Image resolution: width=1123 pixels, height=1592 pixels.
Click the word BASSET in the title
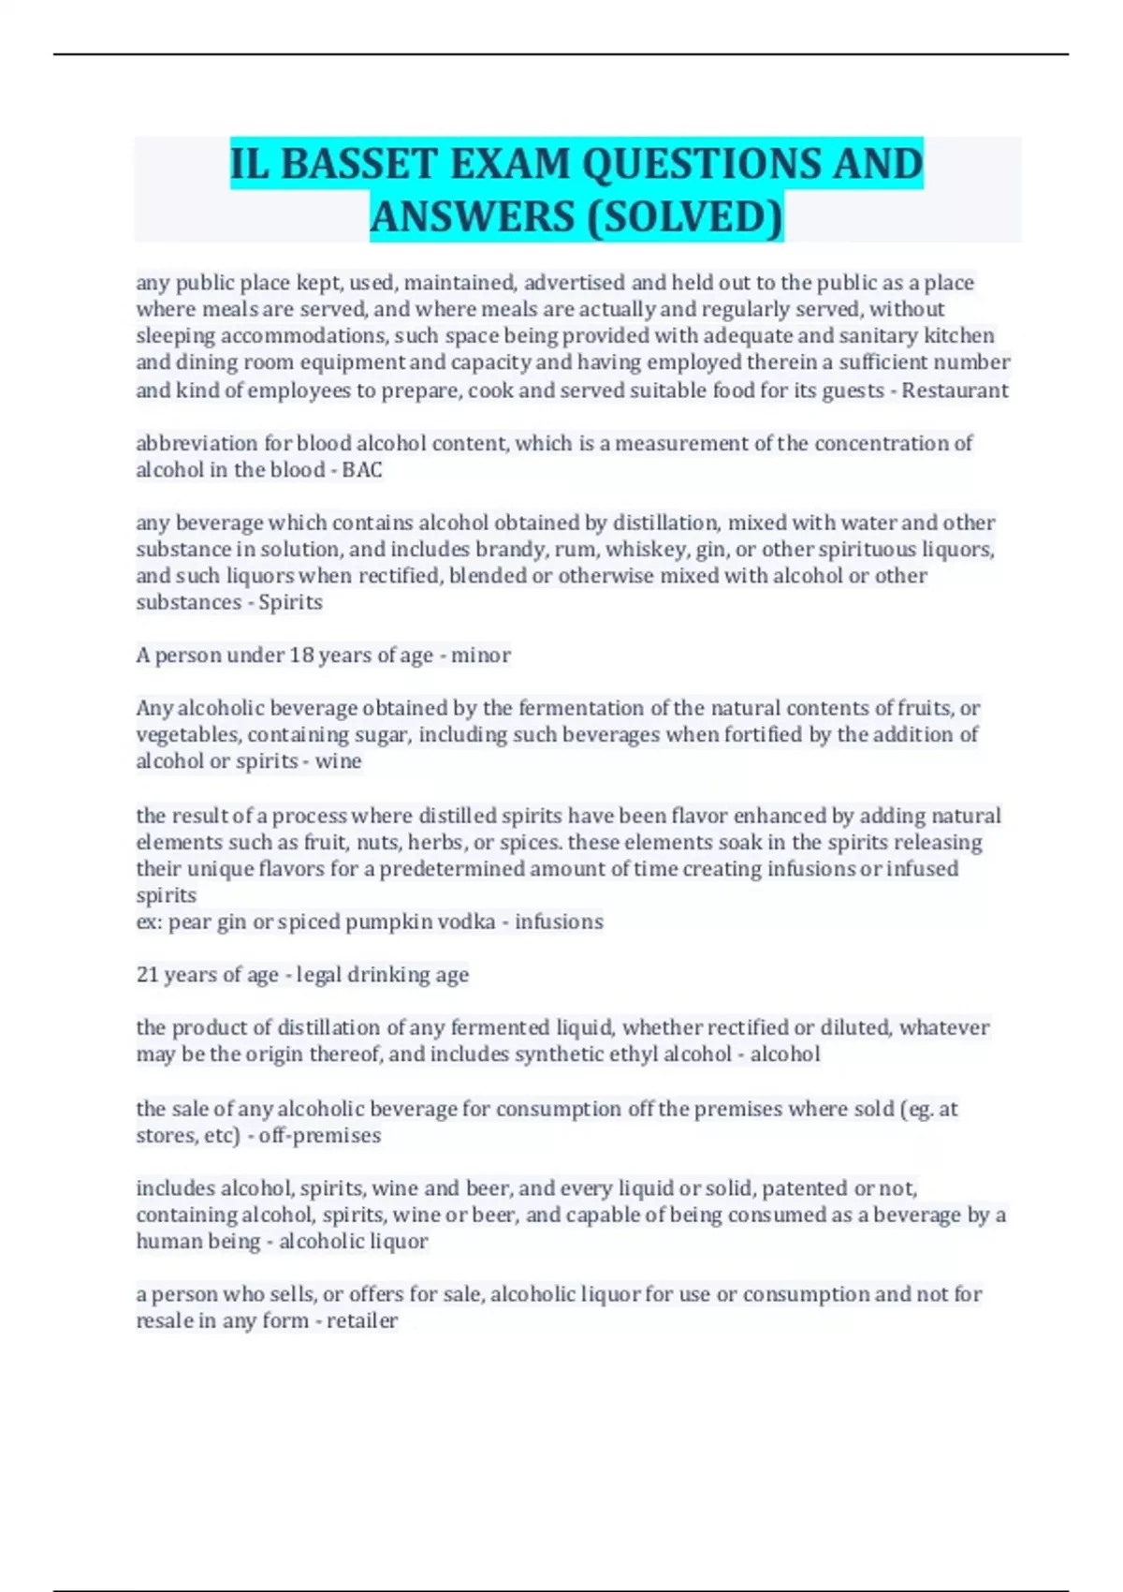pos(359,164)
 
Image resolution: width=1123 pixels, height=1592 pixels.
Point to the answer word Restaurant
pos(955,390)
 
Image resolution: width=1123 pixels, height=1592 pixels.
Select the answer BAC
pos(362,469)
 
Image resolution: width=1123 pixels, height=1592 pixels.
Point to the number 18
pos(301,655)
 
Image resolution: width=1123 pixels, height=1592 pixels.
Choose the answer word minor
pos(481,655)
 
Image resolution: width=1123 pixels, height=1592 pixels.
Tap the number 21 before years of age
pos(147,975)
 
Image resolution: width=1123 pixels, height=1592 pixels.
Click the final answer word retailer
pos(362,1320)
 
